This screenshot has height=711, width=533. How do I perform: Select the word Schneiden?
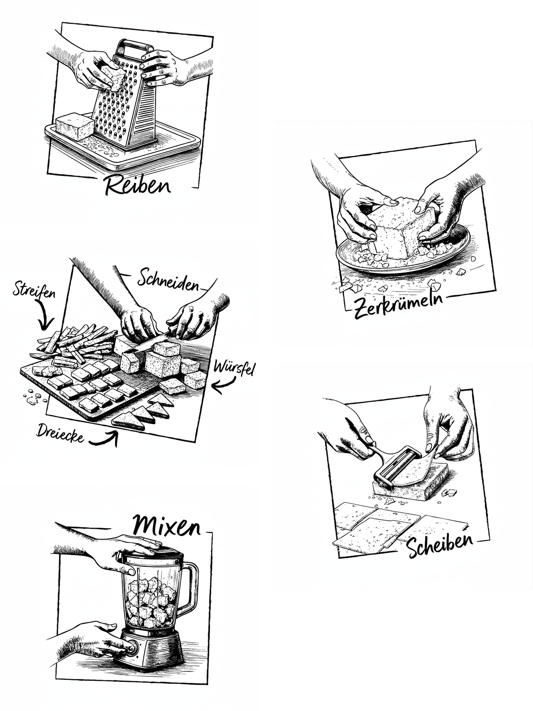(x=168, y=279)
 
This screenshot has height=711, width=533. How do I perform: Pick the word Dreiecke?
(x=60, y=433)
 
